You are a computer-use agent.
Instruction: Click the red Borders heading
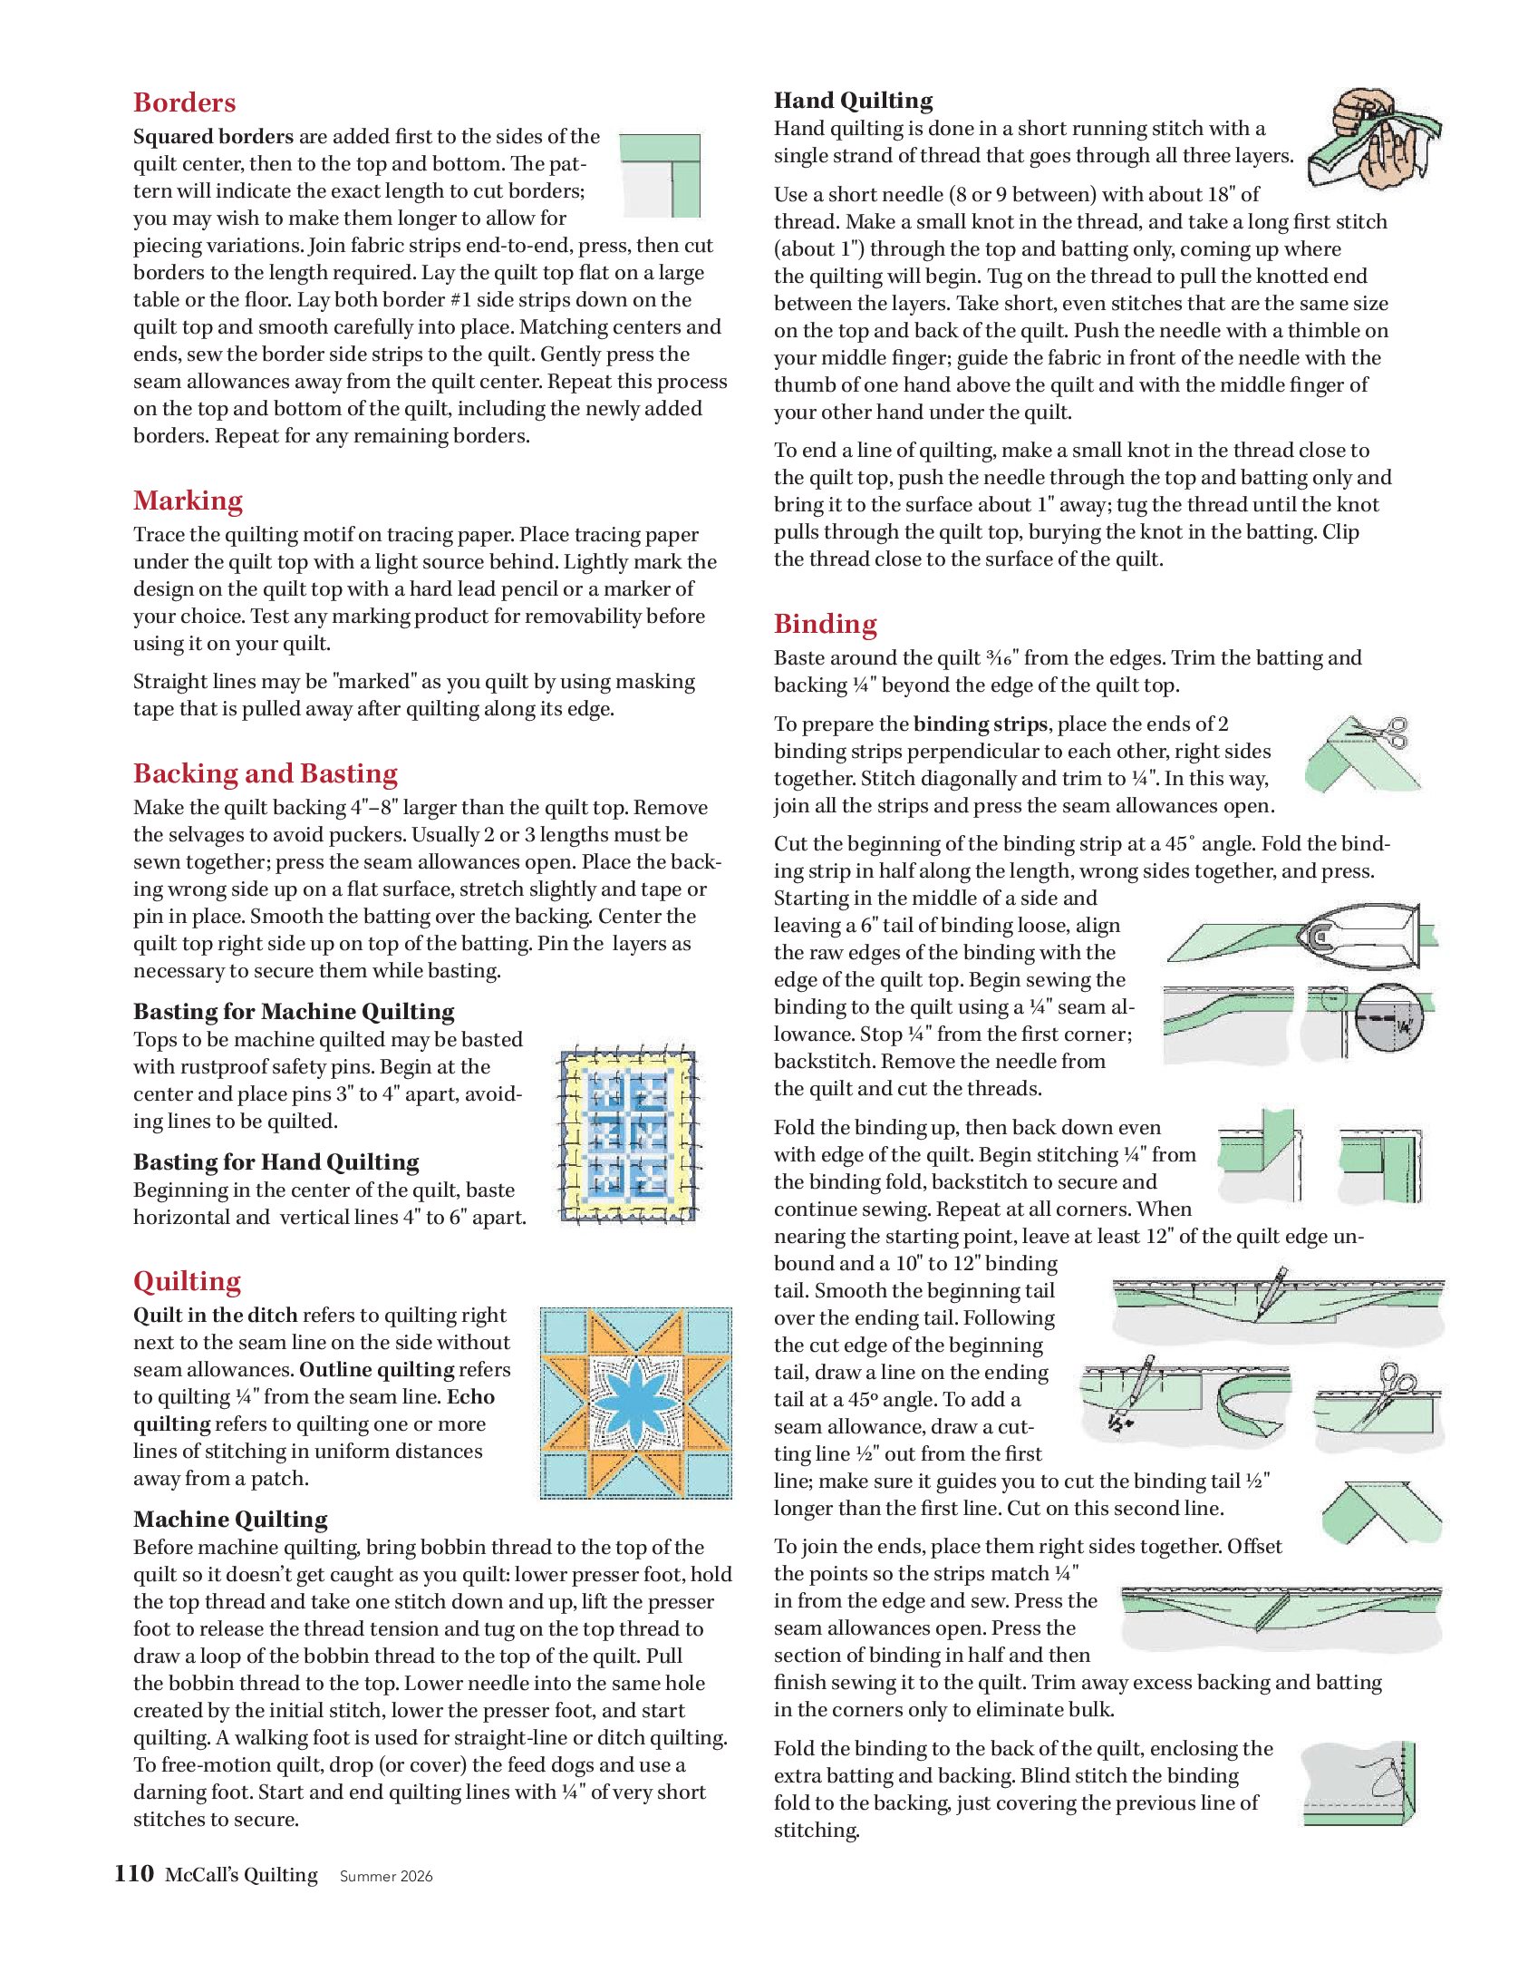pyautogui.click(x=184, y=102)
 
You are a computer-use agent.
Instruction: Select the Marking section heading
pyautogui.click(x=188, y=500)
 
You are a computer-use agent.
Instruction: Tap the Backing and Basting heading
pyautogui.click(x=265, y=773)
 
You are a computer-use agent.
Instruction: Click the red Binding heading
pyautogui.click(x=825, y=624)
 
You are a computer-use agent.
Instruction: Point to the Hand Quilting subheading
pyautogui.click(x=853, y=101)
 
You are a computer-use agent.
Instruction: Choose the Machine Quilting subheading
pyautogui.click(x=230, y=1520)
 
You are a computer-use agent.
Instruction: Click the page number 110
pyautogui.click(x=133, y=1874)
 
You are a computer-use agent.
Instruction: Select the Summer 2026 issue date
pyautogui.click(x=386, y=1877)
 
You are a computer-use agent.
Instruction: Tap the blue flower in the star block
pyautogui.click(x=635, y=1403)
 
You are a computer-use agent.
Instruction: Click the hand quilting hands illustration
pyautogui.click(x=1373, y=138)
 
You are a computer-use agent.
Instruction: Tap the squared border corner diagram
pyautogui.click(x=661, y=175)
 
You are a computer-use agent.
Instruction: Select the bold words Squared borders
pyautogui.click(x=213, y=137)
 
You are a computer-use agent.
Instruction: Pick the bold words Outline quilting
pyautogui.click(x=376, y=1370)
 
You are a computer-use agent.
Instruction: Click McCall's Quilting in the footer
pyautogui.click(x=241, y=1875)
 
